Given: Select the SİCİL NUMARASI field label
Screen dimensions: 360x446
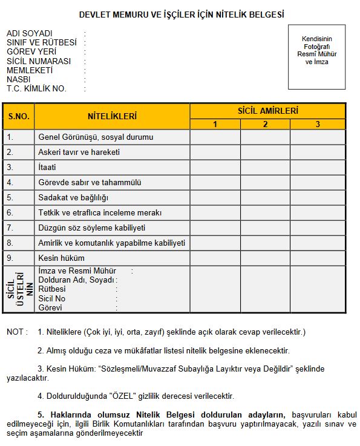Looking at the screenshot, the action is tap(39, 61).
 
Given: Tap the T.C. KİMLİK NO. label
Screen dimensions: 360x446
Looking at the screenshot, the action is tap(36, 88).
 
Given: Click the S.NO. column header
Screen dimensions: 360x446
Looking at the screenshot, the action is tap(18, 116).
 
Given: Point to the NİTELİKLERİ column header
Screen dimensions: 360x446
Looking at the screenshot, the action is tap(112, 116).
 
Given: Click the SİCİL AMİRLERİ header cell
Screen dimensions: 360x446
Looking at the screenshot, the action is tap(267, 111).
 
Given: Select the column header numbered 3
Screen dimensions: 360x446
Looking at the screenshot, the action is tap(318, 125).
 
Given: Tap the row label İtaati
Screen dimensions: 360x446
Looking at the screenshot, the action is tap(47, 167).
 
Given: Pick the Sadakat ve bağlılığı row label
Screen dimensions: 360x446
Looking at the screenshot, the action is tap(73, 197).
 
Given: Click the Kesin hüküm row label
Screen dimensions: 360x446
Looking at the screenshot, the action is tap(57, 258).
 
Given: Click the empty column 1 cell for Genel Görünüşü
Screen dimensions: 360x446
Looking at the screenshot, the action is tap(215, 137).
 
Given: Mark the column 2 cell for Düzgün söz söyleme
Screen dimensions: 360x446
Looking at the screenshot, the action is tap(265, 228).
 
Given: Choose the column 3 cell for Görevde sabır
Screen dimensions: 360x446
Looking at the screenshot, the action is tap(318, 182).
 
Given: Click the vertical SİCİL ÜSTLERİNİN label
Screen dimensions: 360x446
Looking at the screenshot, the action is tap(20, 289).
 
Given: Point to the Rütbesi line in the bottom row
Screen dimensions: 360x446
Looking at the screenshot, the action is tap(52, 289).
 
